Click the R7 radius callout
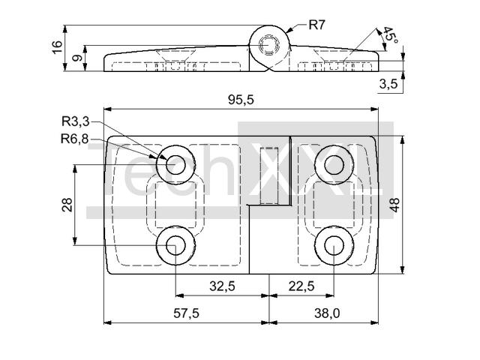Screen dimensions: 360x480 click(x=316, y=25)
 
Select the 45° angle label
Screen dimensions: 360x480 click(x=388, y=35)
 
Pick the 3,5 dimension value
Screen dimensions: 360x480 click(x=388, y=84)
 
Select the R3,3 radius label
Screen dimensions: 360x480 click(x=75, y=121)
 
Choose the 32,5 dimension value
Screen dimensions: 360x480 click(x=222, y=286)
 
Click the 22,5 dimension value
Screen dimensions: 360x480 click(x=300, y=286)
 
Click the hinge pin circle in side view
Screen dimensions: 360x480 click(x=268, y=46)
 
